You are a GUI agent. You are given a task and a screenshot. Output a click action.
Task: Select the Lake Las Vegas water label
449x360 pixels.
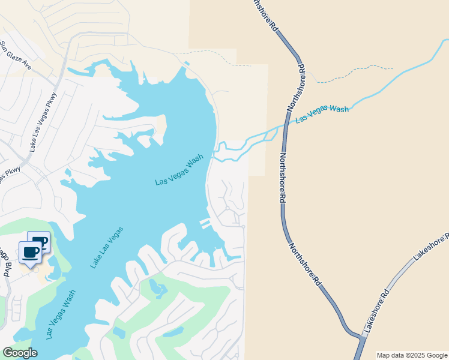tap(107, 247)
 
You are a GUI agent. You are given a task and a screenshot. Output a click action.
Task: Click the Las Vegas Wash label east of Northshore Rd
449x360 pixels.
tap(322, 114)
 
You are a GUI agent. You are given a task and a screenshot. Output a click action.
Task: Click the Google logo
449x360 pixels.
tap(20, 352)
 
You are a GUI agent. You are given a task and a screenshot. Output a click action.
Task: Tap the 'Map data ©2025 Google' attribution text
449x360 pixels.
tap(412, 355)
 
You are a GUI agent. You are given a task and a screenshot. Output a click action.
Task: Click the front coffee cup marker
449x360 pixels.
tap(30, 252)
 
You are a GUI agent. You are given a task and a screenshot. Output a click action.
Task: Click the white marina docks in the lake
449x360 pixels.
tap(205, 224)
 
